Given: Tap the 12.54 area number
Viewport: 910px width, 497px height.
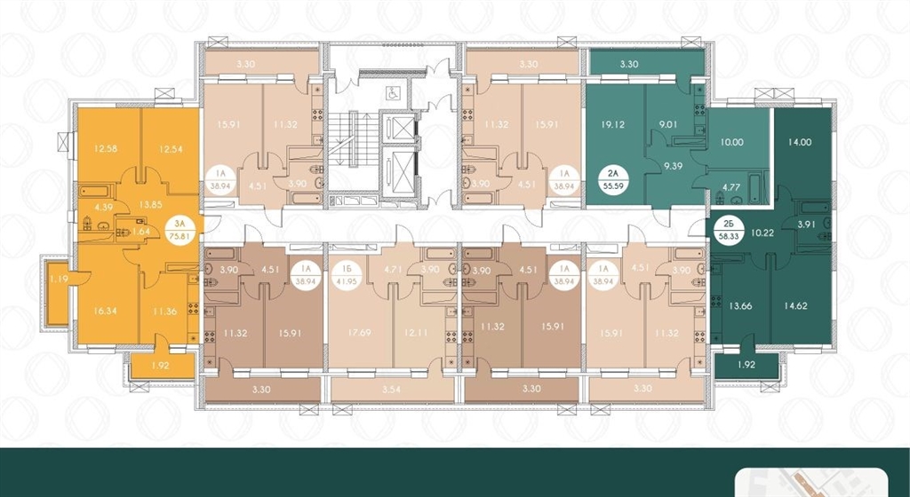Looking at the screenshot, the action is [170, 149].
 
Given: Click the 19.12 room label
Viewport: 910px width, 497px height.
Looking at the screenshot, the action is [613, 124].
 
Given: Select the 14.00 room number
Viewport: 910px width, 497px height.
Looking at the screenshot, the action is [800, 141].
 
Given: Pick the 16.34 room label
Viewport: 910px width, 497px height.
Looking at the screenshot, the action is [105, 311].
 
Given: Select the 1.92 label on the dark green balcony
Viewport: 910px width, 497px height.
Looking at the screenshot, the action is [747, 365].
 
